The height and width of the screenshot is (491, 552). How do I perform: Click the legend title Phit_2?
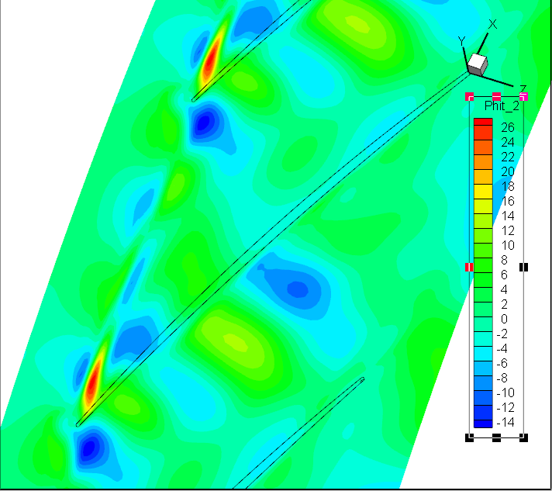pos(502,105)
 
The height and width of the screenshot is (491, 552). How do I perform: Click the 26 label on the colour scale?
pos(508,127)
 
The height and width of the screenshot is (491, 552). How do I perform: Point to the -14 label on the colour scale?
pos(505,422)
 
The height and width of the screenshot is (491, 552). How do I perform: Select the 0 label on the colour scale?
pos(504,319)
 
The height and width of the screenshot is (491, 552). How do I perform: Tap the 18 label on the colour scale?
pos(508,186)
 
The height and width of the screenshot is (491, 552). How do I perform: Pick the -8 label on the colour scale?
pos(502,378)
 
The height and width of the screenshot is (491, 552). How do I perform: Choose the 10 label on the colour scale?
pos(508,245)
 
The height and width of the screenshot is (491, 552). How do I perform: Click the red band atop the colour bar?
pos(483,122)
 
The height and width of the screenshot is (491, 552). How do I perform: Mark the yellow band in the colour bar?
pos(483,192)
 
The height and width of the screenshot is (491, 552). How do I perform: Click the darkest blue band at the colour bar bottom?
pos(483,424)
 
